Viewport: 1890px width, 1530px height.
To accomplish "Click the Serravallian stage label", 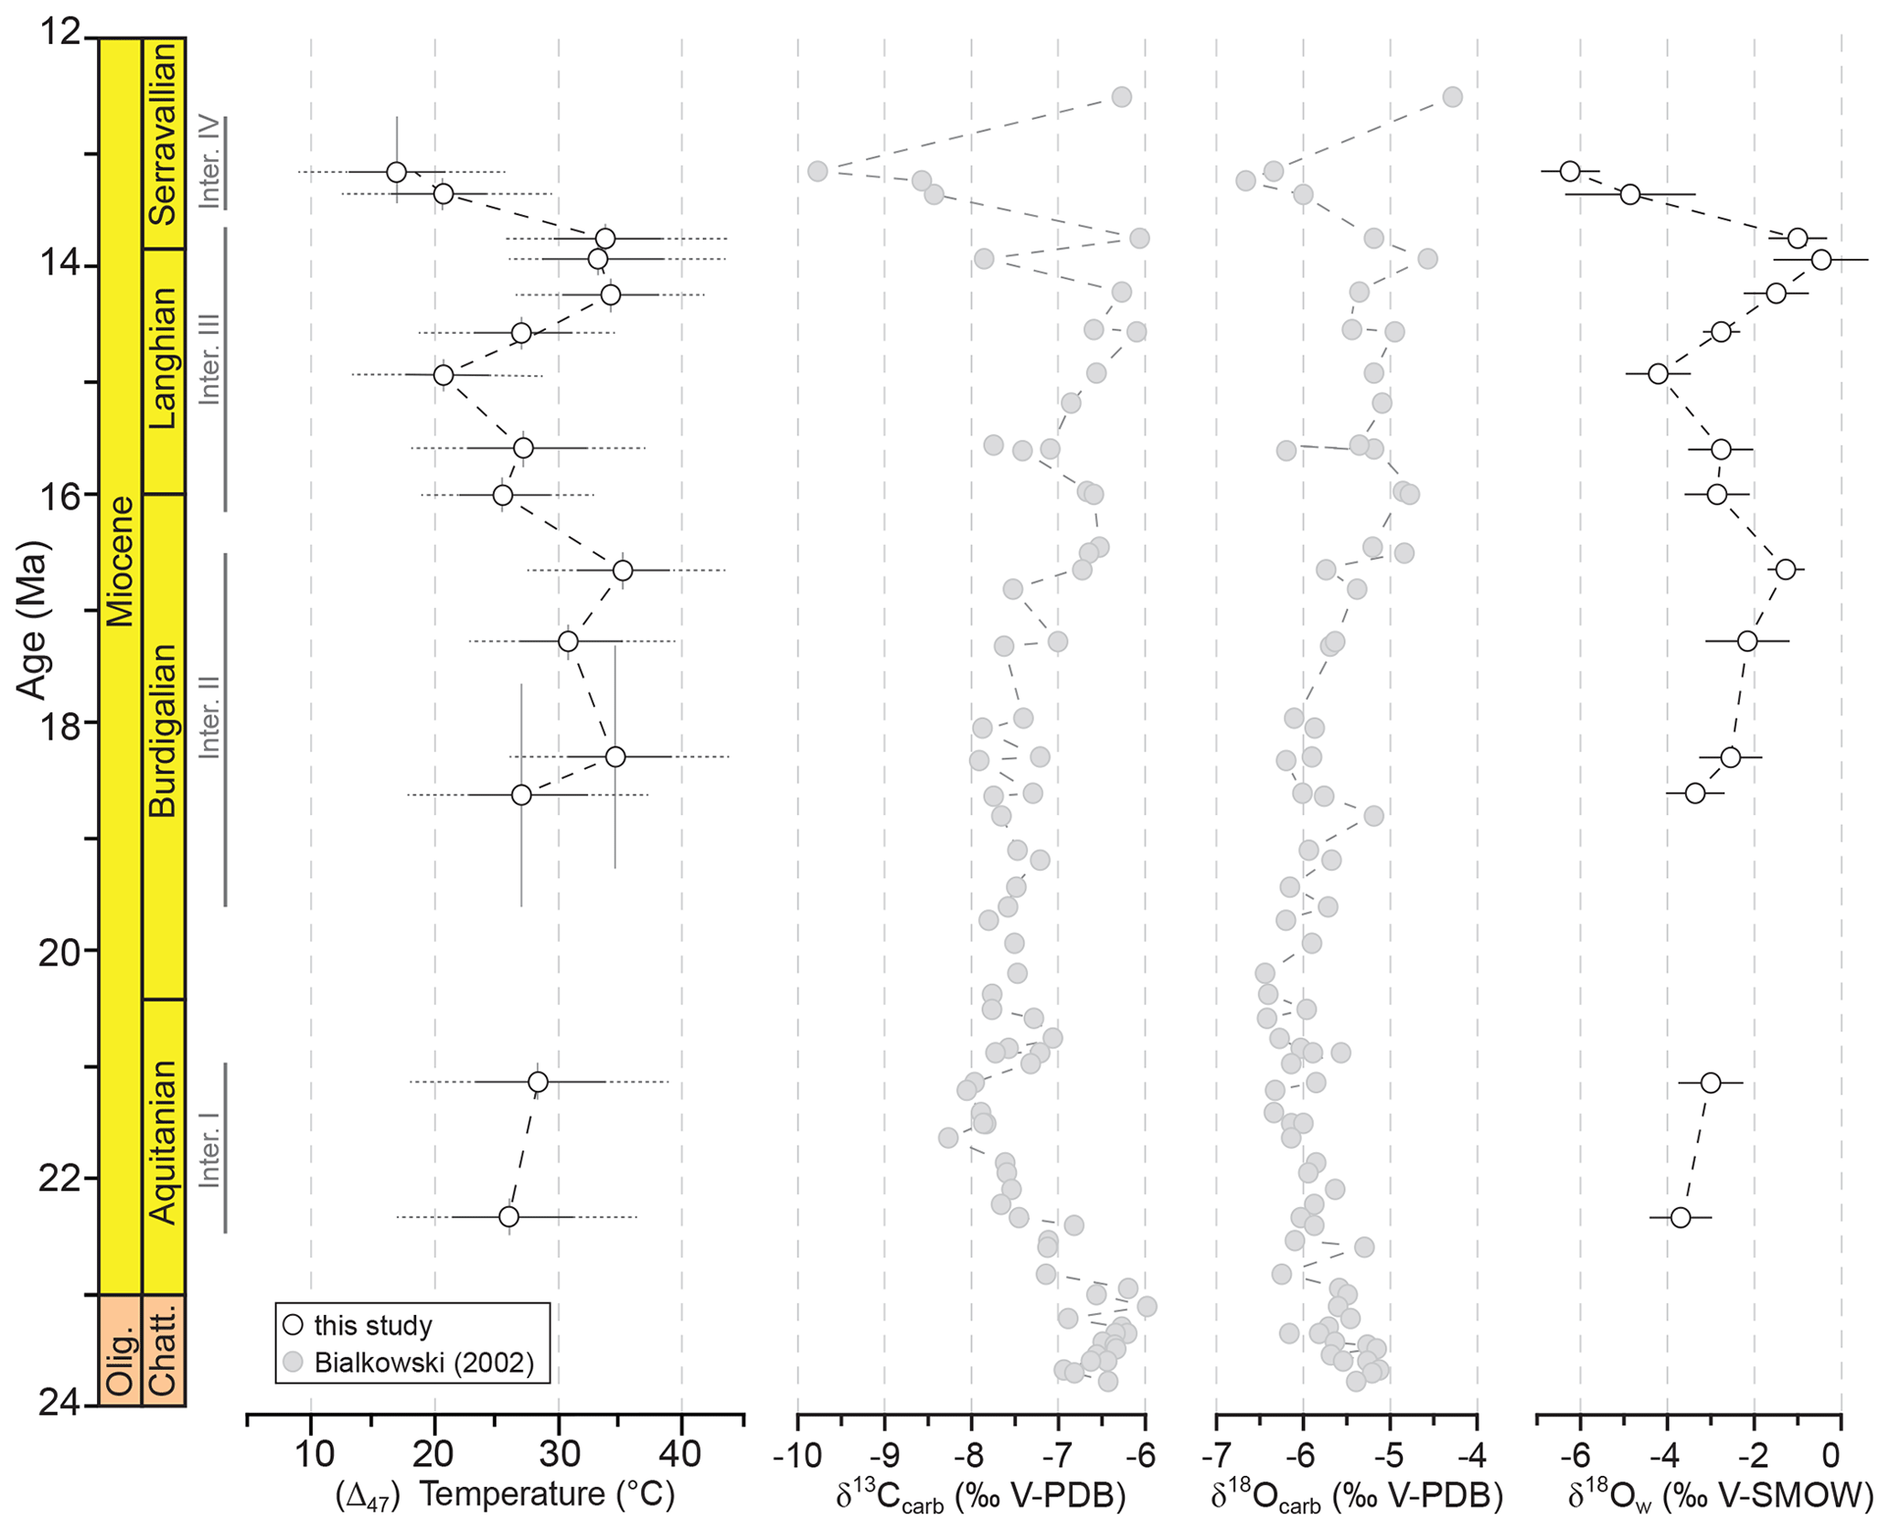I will [163, 134].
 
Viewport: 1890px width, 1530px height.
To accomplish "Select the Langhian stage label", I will [163, 358].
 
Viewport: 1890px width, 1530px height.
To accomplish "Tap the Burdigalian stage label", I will [163, 730].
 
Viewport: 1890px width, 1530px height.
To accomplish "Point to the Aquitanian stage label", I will [163, 1141].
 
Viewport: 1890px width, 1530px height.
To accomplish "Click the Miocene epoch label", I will [120, 561].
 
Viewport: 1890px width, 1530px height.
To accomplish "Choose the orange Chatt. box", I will [163, 1349].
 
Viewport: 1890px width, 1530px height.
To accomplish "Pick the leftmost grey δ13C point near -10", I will [817, 171].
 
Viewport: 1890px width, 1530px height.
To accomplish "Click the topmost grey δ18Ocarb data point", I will [1452, 97].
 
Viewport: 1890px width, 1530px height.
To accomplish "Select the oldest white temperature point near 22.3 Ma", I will [509, 1216].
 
